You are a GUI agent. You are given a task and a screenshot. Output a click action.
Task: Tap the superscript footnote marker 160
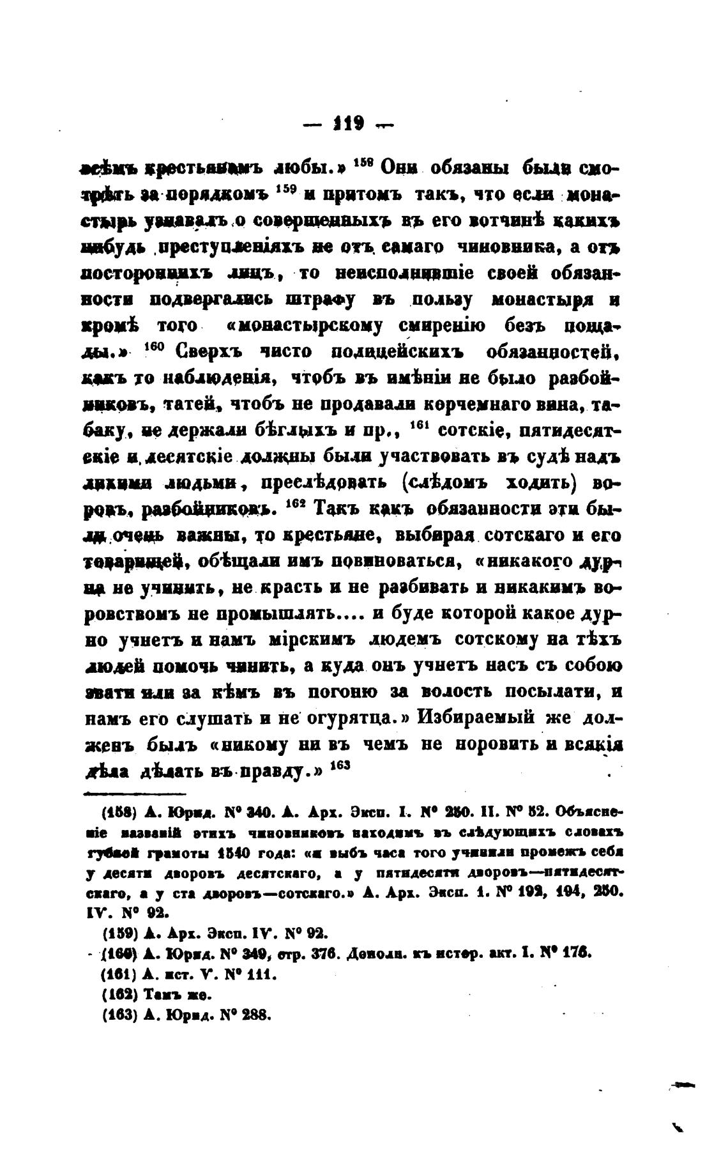[x=156, y=348]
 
